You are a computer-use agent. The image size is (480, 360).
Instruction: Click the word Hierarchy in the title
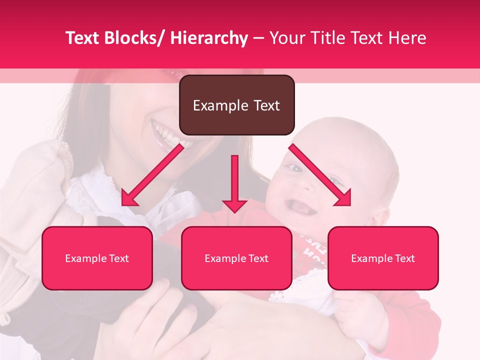point(209,38)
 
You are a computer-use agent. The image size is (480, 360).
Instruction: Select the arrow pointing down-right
point(320,175)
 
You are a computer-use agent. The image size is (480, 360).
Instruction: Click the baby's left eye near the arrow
point(296,169)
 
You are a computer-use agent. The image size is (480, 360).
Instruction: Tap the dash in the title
point(258,38)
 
